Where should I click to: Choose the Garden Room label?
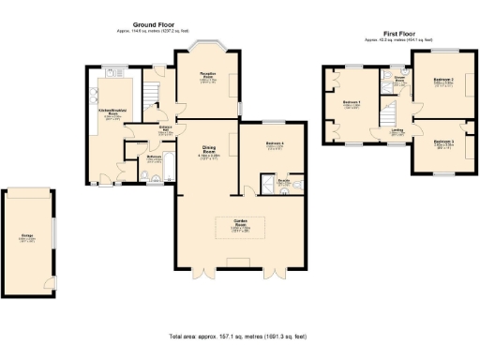coord(240,226)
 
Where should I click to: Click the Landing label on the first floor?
coord(397,130)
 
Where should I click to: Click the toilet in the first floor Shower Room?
coord(399,73)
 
